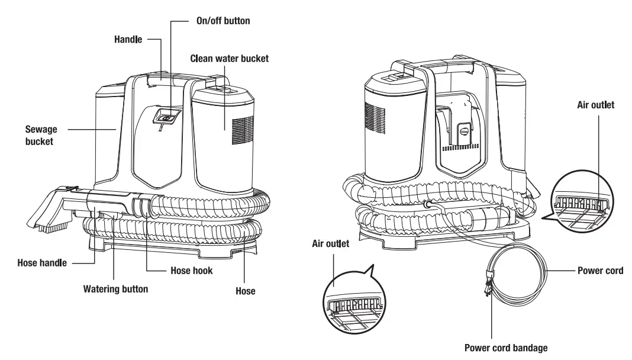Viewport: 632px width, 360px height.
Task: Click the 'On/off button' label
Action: point(223,21)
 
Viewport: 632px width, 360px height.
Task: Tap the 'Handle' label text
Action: point(128,40)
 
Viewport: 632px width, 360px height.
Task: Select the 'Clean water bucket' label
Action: point(230,59)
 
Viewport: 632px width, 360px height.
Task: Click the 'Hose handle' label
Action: point(42,262)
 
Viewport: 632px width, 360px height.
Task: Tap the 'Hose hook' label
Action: point(187,271)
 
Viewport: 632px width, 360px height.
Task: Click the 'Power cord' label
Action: point(600,271)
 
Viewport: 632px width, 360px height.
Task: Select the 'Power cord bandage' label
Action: point(510,348)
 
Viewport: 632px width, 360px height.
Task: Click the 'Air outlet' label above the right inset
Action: point(595,105)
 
